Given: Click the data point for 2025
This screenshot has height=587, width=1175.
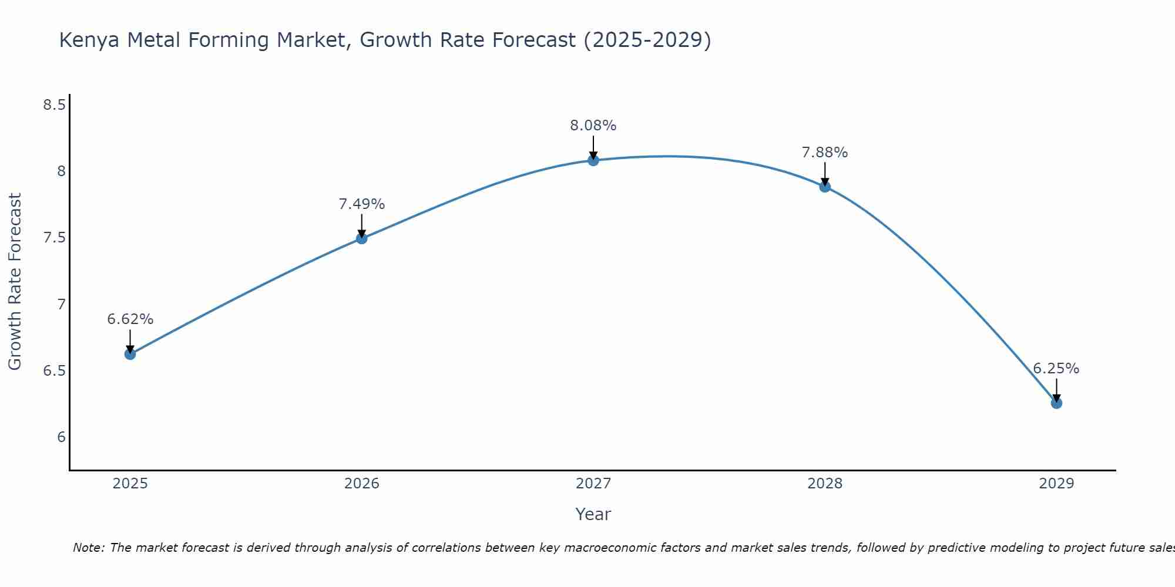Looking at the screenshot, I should (x=130, y=354).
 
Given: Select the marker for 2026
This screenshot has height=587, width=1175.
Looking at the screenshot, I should (x=361, y=238).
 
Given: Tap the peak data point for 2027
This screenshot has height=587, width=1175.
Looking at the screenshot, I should (x=593, y=160).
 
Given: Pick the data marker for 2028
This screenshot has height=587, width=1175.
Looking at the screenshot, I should (x=825, y=187).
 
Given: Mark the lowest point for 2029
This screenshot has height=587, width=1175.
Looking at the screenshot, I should (x=1056, y=403).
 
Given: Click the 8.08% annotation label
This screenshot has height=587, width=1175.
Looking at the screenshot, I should (x=593, y=126).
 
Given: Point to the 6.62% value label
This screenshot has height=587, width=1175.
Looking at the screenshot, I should (x=130, y=319).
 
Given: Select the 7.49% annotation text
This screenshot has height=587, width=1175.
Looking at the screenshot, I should (x=361, y=204).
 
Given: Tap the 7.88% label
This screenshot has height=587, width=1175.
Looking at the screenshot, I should (x=825, y=153).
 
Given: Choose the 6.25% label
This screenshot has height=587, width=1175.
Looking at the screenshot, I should (x=1056, y=369).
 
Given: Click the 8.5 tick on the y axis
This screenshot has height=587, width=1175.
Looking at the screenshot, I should (x=54, y=105).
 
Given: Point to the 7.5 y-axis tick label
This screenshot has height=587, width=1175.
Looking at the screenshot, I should (x=54, y=238).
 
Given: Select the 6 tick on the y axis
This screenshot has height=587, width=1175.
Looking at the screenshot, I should (x=61, y=437).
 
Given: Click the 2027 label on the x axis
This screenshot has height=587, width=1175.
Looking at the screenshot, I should (x=593, y=484).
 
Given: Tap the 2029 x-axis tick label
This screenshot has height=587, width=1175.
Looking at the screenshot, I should (x=1056, y=484).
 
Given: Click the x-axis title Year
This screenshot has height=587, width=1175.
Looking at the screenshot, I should (x=593, y=514).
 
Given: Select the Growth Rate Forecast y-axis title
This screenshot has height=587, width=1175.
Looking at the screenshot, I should (x=15, y=282).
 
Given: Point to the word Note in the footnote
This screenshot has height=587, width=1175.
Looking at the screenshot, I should (x=88, y=548).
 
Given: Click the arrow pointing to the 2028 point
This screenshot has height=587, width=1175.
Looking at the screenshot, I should (x=825, y=174).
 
